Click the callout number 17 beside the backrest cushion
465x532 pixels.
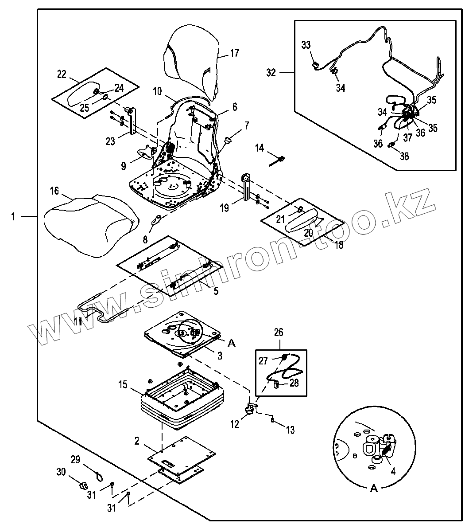[x=234, y=54]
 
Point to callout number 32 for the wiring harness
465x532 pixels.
[x=271, y=72]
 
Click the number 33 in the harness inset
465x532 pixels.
[x=306, y=45]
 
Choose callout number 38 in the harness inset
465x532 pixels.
[x=404, y=156]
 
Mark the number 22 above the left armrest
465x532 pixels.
[x=61, y=74]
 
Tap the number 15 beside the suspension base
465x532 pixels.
[x=123, y=384]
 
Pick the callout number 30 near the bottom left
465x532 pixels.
[x=61, y=472]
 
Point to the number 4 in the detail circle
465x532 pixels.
[x=393, y=471]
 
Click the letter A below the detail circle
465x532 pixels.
[x=374, y=489]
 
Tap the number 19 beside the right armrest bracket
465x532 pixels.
[x=225, y=207]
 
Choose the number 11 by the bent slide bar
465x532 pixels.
[x=77, y=321]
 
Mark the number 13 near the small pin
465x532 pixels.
[x=290, y=430]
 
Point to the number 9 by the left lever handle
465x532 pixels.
[x=124, y=166]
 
